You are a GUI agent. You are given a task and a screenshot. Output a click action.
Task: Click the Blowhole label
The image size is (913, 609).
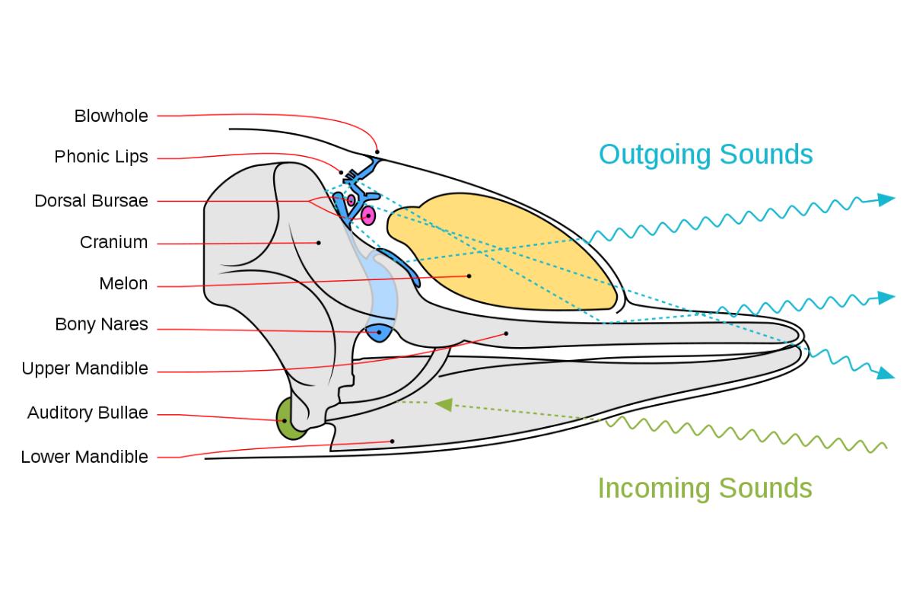coord(111,116)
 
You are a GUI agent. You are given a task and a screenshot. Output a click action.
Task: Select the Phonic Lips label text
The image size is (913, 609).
coord(101,158)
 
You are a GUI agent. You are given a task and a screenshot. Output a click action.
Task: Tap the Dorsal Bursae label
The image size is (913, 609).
coord(91,201)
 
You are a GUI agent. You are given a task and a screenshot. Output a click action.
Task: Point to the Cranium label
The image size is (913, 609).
coord(113,243)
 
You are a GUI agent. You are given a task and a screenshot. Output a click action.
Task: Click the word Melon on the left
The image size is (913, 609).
coord(123,284)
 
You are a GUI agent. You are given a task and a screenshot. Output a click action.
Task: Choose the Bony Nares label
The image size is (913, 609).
coord(101,325)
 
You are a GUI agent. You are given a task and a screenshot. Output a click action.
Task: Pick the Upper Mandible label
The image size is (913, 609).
coord(84,369)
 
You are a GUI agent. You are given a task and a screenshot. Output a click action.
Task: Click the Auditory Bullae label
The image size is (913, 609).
coord(87,413)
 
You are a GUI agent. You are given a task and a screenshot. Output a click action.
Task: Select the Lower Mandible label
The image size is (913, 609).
coord(84,458)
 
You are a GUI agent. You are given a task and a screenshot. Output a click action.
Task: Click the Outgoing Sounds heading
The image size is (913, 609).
coord(705,155)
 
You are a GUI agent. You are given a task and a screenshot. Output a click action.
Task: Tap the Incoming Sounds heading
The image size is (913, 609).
coord(705,488)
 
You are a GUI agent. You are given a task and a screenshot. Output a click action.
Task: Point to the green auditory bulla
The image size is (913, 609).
coord(287,419)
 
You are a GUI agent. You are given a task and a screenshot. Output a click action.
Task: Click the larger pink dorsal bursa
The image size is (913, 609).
coord(368,216)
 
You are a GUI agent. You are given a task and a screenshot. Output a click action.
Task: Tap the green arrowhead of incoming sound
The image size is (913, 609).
coord(443,404)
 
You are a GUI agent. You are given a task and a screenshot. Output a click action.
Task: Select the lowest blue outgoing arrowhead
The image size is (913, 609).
coord(884,373)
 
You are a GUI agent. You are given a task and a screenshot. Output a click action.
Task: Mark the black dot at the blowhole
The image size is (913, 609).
coord(377,152)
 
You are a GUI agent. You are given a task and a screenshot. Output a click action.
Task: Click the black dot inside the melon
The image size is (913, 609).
coord(469,276)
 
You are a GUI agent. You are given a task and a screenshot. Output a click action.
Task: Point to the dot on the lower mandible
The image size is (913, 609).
coord(393,441)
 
